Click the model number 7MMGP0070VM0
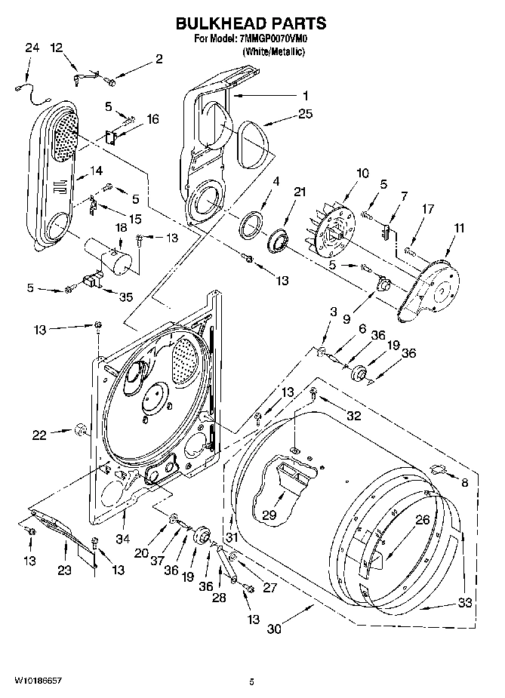coord(270,38)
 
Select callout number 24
coord(31,48)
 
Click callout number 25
coord(305,114)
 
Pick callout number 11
coord(460,227)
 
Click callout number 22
coord(39,434)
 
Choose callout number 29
coord(270,515)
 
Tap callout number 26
coord(422,519)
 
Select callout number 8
coord(464,482)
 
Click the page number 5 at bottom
coord(251,681)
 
